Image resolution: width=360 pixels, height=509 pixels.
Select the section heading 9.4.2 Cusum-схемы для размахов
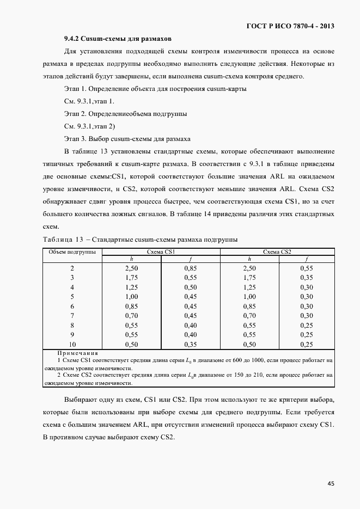coord(118,39)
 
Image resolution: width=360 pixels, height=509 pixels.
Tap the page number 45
coord(331,483)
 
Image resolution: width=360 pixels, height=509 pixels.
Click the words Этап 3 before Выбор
coord(75,139)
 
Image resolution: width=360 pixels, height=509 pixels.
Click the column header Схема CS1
coord(161,252)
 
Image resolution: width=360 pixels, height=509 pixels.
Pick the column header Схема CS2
coord(277,252)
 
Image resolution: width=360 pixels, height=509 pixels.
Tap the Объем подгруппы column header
coord(72,252)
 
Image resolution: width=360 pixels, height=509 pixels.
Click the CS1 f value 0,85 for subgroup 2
coord(191,268)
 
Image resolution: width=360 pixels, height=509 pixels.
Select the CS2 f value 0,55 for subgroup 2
coord(307,268)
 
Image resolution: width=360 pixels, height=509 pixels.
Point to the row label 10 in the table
coord(72,345)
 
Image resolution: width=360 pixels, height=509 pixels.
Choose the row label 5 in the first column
coord(72,297)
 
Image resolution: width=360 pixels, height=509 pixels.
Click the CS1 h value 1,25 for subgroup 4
coord(132,287)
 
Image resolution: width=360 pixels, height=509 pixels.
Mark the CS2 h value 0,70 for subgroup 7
coord(248,316)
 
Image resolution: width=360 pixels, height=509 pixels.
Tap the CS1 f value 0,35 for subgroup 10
coord(191,345)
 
